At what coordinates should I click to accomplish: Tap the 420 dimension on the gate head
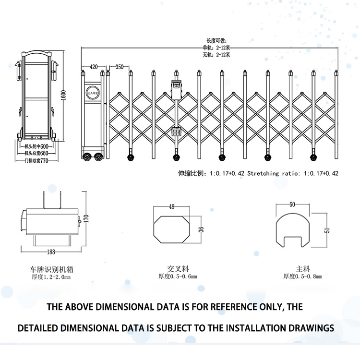click(x=93, y=67)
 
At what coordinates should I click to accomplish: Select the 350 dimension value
click(x=120, y=67)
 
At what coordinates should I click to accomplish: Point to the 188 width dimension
click(x=51, y=252)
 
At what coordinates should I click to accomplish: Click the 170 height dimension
click(x=86, y=218)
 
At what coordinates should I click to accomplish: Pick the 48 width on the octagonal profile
click(x=172, y=206)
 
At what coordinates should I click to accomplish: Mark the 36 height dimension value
click(x=202, y=229)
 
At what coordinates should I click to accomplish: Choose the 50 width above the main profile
click(x=292, y=204)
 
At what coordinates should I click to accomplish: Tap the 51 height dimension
click(x=327, y=230)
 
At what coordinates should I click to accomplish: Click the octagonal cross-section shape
click(x=172, y=229)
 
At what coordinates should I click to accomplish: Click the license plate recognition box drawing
click(x=50, y=224)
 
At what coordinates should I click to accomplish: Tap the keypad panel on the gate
click(x=177, y=132)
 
